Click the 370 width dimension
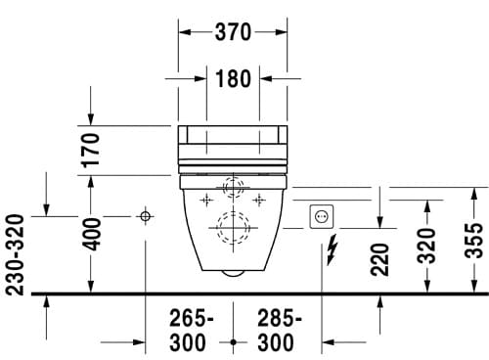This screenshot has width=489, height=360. pyautogui.click(x=233, y=32)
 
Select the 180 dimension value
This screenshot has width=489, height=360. pyautogui.click(x=233, y=79)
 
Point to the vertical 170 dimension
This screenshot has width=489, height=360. pyautogui.click(x=91, y=152)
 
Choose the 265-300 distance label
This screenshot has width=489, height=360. pyautogui.click(x=186, y=331)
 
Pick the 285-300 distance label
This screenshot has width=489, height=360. pyautogui.click(x=280, y=331)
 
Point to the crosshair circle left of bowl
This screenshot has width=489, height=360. pyautogui.click(x=145, y=215)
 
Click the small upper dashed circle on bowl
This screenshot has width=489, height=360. pyautogui.click(x=233, y=187)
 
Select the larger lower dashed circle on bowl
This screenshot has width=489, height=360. pyautogui.click(x=233, y=227)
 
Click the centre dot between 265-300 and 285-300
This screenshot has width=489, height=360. pyautogui.click(x=233, y=341)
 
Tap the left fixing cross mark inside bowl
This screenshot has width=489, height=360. pyautogui.click(x=206, y=200)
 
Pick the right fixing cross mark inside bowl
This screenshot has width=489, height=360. pyautogui.click(x=259, y=200)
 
